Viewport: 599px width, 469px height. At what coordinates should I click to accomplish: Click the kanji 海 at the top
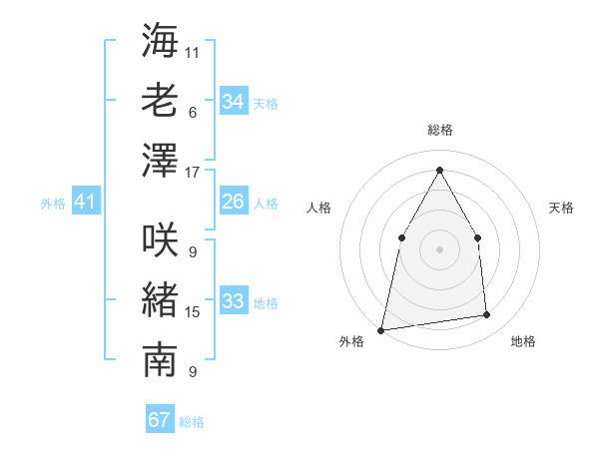click(x=160, y=41)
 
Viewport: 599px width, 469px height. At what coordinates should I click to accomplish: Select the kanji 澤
click(x=160, y=162)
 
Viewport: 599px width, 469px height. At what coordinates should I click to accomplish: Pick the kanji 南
click(x=160, y=361)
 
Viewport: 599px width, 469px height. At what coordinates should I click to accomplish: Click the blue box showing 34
click(x=233, y=102)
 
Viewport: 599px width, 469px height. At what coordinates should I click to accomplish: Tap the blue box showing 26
click(x=233, y=202)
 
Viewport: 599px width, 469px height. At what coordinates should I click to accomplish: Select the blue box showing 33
click(x=233, y=301)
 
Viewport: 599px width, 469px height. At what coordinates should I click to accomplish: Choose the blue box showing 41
click(x=85, y=203)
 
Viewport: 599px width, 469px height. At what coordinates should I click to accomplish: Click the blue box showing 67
click(x=159, y=420)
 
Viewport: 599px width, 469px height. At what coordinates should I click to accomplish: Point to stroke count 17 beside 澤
click(x=193, y=172)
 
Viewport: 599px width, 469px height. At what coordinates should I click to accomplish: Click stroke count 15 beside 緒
click(x=193, y=312)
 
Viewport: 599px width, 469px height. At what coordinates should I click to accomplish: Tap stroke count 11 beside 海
click(x=193, y=51)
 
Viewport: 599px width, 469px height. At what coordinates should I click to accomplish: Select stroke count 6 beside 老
click(x=193, y=112)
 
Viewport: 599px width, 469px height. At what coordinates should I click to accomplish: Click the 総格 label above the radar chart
click(x=439, y=130)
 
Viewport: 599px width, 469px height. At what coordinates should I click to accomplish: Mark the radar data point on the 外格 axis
click(x=381, y=329)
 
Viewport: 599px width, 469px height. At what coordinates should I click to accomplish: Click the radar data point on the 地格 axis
click(x=487, y=315)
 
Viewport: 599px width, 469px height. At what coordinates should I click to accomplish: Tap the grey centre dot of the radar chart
click(x=439, y=248)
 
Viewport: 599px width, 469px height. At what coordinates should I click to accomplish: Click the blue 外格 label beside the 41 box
click(x=53, y=204)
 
